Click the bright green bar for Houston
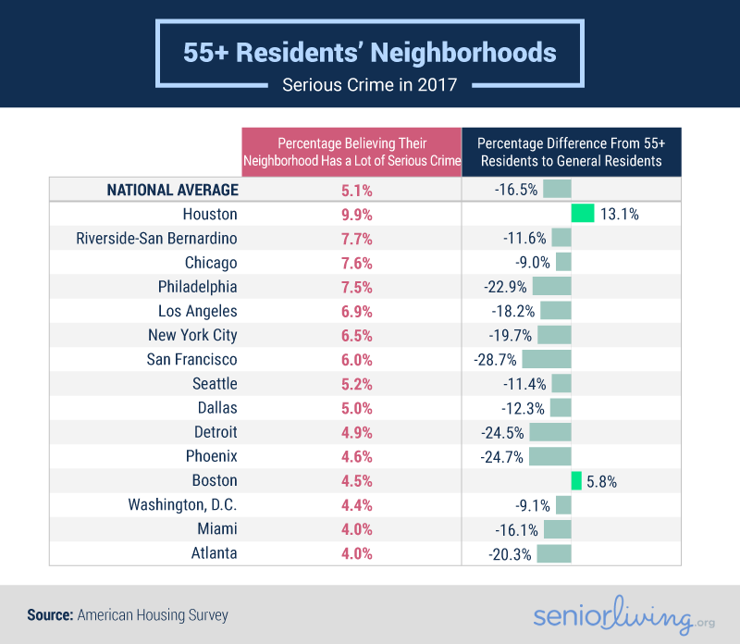[582, 214]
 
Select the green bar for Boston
[576, 480]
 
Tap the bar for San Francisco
[547, 359]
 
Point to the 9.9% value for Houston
[351, 214]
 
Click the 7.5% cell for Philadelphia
[351, 287]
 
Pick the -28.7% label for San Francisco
[498, 359]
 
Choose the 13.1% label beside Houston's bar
[620, 214]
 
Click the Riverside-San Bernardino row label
[156, 239]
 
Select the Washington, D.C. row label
[182, 505]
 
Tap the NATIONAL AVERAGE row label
[172, 190]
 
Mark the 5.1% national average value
[351, 190]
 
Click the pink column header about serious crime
[351, 152]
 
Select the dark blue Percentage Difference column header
[571, 152]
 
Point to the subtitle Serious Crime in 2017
[369, 85]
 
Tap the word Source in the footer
[50, 614]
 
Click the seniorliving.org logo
[625, 616]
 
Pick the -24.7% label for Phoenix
[502, 456]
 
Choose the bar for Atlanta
[553, 553]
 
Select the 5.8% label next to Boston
[601, 481]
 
